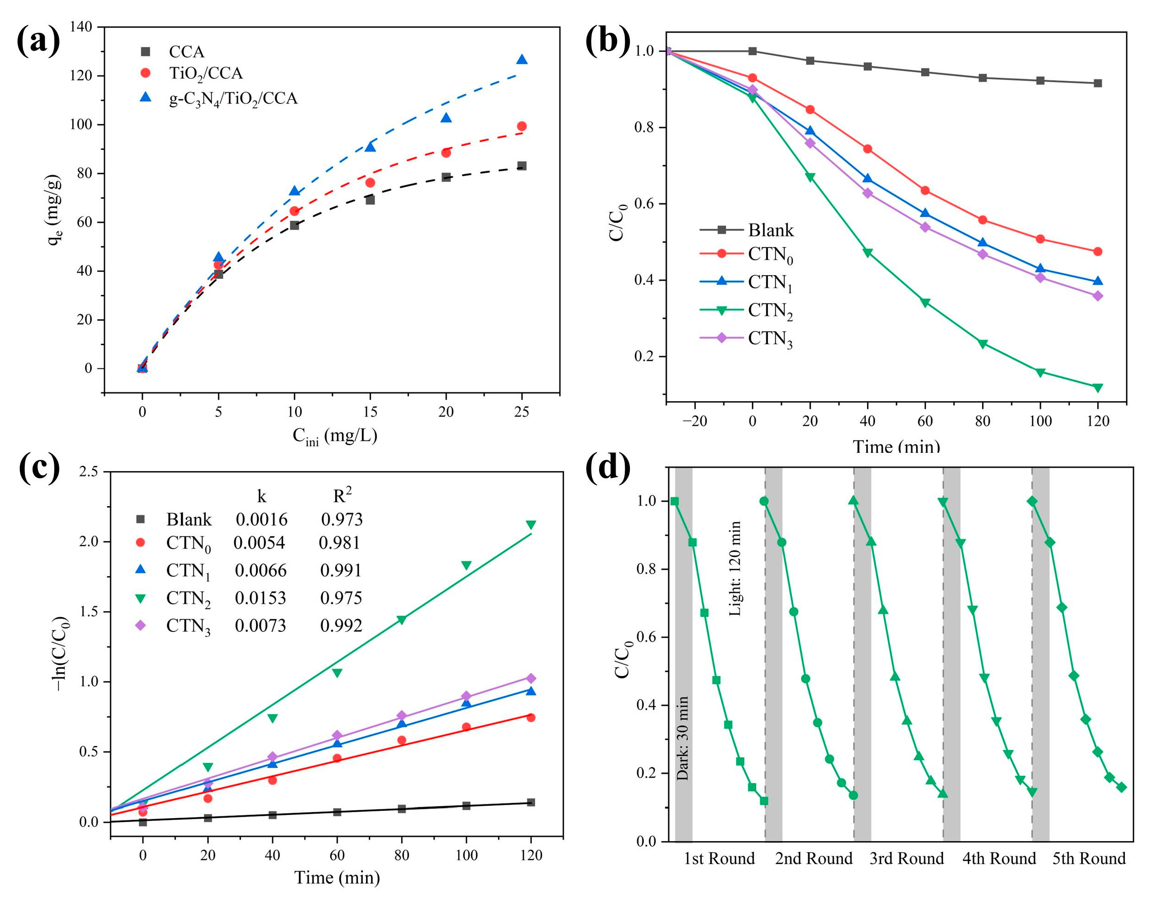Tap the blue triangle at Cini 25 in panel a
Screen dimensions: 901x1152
(x=521, y=60)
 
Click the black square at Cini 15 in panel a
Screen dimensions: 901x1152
(x=370, y=200)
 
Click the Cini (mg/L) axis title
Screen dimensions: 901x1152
(x=335, y=436)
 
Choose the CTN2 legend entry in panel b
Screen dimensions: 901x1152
(x=770, y=310)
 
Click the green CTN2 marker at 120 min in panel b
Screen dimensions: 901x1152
(x=1098, y=388)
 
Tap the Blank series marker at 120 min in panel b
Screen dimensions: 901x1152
(x=1098, y=83)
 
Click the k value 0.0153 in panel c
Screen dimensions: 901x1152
(x=260, y=598)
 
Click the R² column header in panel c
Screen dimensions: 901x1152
(x=342, y=496)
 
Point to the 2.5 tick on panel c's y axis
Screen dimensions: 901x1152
(x=87, y=472)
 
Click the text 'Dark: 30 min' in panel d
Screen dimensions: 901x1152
(x=682, y=738)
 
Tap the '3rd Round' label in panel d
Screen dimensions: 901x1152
(x=906, y=858)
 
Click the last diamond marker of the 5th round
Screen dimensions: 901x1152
(x=1122, y=787)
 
